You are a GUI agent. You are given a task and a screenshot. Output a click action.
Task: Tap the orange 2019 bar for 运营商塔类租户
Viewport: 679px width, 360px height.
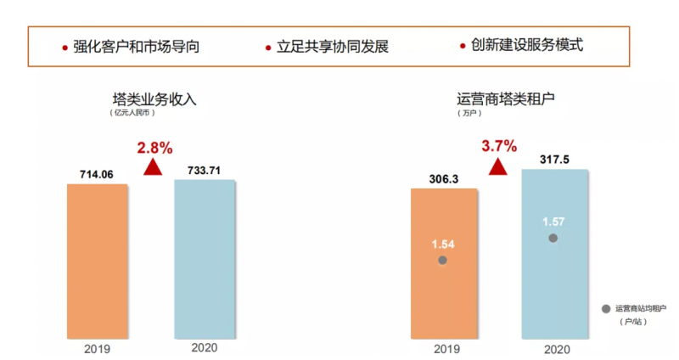(444, 263)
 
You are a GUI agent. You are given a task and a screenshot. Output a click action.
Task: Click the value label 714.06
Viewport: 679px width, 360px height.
(96, 174)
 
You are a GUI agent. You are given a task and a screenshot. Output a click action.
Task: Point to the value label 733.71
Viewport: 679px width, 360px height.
(205, 170)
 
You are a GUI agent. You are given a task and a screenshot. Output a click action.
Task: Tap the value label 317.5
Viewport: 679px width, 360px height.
(553, 159)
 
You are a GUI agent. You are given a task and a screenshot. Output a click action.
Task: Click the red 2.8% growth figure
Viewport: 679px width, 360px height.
(154, 147)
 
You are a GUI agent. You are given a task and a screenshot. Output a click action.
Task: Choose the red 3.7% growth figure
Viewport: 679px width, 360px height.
(499, 146)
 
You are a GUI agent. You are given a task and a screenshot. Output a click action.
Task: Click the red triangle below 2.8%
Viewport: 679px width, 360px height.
(153, 167)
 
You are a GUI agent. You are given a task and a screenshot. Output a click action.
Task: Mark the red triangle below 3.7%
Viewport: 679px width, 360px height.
(498, 166)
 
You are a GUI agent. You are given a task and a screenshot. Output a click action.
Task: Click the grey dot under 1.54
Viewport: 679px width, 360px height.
(442, 260)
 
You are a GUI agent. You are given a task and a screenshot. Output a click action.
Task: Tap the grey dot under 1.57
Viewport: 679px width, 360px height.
(553, 239)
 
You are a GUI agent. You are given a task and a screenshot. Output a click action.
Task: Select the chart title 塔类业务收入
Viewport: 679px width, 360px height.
(154, 98)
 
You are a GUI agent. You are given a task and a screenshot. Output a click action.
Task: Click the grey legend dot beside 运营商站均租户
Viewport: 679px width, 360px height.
(605, 309)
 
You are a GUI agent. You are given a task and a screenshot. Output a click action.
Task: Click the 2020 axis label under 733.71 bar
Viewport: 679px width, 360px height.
(205, 347)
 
